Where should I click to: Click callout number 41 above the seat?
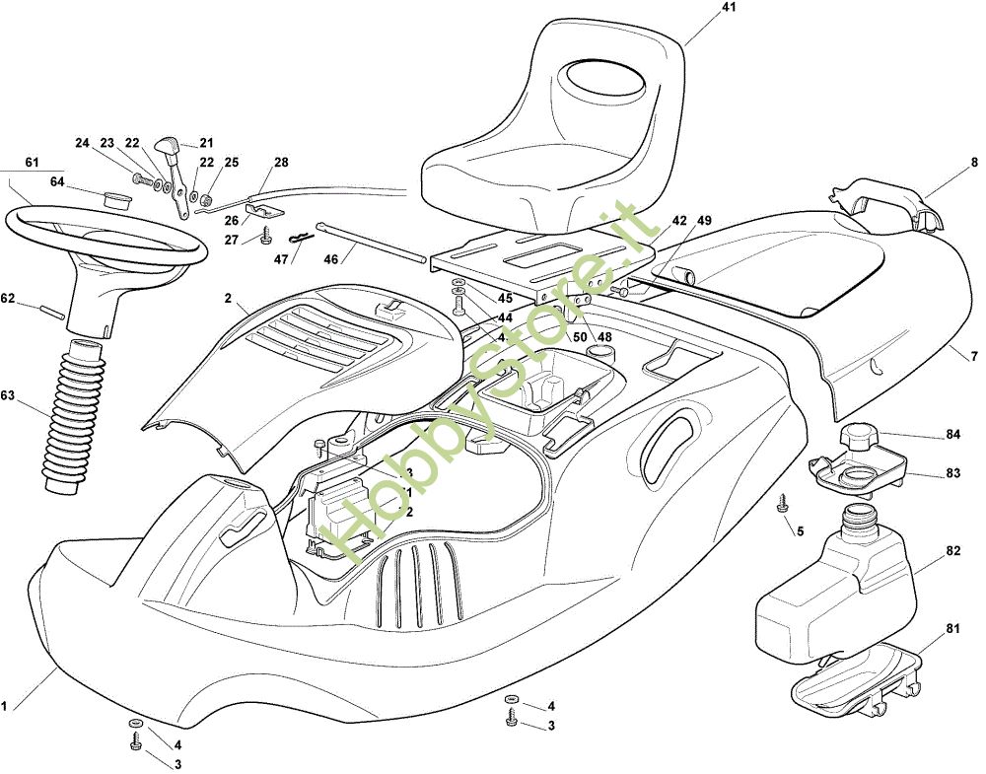pyautogui.click(x=729, y=8)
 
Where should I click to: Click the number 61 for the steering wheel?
pyautogui.click(x=32, y=162)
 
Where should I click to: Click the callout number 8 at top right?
pyautogui.click(x=974, y=163)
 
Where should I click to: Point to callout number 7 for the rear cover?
pyautogui.click(x=974, y=355)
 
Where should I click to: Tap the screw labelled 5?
pyautogui.click(x=783, y=503)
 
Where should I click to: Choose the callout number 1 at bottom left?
pyautogui.click(x=5, y=706)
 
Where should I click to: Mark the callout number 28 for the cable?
pyautogui.click(x=282, y=162)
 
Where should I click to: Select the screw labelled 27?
pyautogui.click(x=267, y=236)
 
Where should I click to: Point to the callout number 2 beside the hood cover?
pyautogui.click(x=228, y=297)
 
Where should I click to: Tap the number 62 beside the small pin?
pyautogui.click(x=8, y=298)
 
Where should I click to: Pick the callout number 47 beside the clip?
pyautogui.click(x=282, y=259)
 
